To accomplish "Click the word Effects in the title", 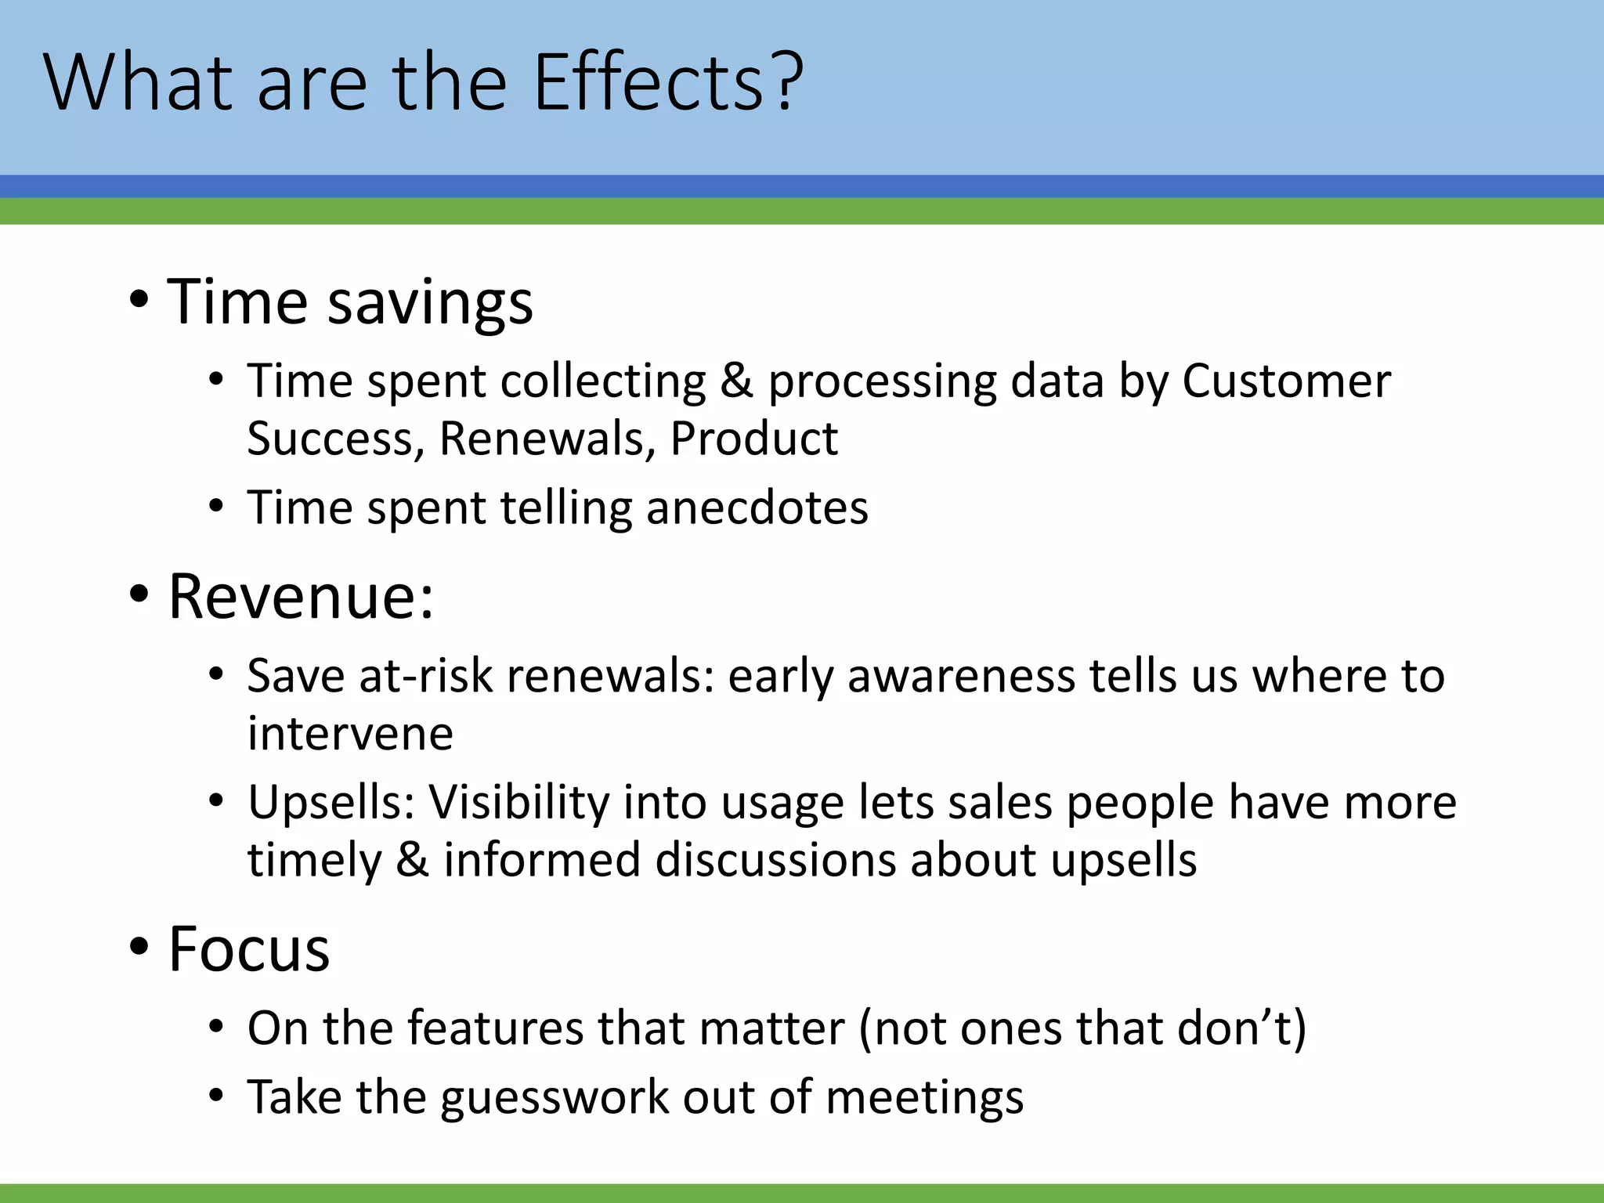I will point(648,82).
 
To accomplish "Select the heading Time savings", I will point(350,302).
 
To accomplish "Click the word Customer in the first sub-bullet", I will point(1286,381).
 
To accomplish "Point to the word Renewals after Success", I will point(547,439).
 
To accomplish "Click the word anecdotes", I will point(757,508).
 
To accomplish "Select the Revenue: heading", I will point(301,597).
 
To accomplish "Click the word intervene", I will point(350,734).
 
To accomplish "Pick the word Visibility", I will point(518,803).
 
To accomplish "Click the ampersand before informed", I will point(412,860).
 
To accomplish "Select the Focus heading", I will point(249,949).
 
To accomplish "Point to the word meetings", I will point(924,1097).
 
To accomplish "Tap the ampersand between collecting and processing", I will point(736,381).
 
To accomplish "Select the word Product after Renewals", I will point(753,439).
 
